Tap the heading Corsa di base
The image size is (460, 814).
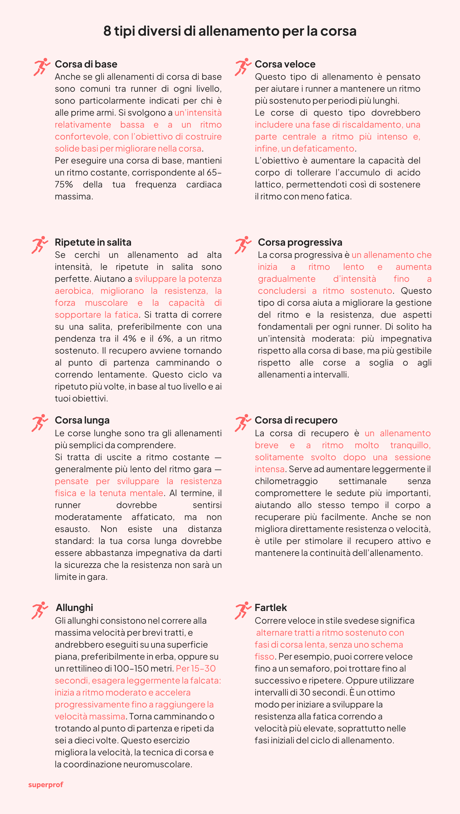coord(86,64)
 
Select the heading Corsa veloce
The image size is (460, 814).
coord(285,64)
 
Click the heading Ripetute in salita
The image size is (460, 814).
coord(93,242)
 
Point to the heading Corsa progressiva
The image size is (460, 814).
coord(300,242)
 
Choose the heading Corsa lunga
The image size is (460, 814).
coord(82,420)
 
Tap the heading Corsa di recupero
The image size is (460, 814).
coord(296,420)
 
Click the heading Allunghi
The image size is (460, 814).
coord(74,608)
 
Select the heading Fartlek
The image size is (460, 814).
coord(271,608)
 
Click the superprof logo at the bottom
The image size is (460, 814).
coord(46,785)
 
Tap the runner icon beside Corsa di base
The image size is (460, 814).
coord(42,67)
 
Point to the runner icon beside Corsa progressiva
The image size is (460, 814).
coord(243,245)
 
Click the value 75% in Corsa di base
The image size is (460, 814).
coord(64,185)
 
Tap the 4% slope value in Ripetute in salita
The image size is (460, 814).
coord(129,339)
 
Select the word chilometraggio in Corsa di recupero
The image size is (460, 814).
coord(286,481)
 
